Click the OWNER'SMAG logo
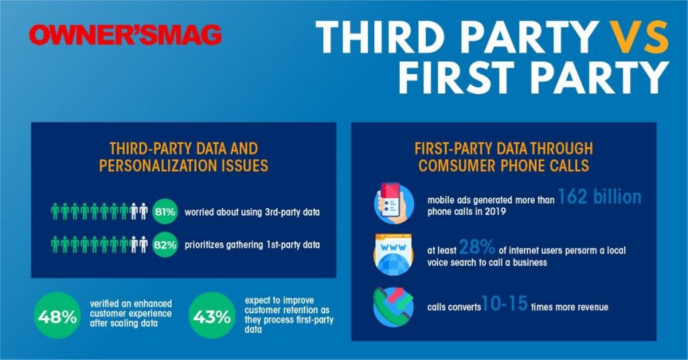pos(126,35)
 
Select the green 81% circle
pos(165,212)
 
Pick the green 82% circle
pos(165,244)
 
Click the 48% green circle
pos(57,316)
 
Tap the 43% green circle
pos(212,316)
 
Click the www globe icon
pos(393,255)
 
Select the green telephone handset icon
pos(393,307)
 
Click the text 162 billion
pos(599,197)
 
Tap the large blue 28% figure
pos(477,247)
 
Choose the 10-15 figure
pos(505,303)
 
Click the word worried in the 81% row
pos(199,212)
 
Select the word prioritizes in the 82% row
pos(204,244)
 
